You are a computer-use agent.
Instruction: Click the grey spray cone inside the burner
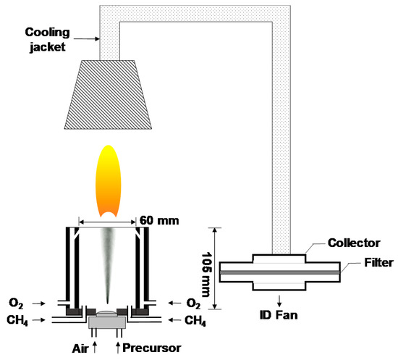(x=106, y=261)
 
